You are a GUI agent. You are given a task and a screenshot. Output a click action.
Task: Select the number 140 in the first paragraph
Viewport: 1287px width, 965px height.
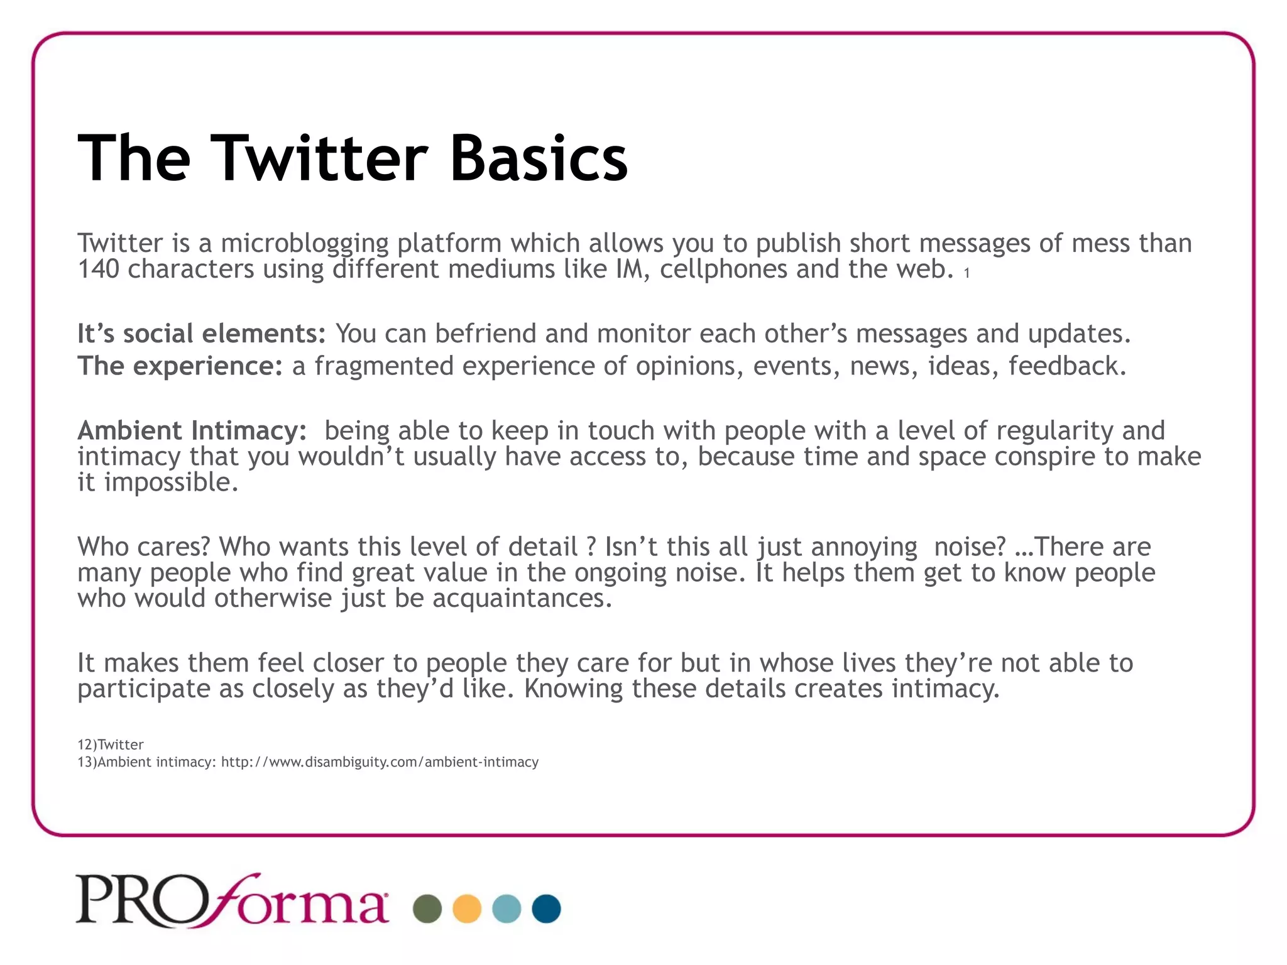(x=98, y=269)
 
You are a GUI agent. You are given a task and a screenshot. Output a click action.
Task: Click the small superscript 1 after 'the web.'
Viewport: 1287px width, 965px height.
(x=967, y=273)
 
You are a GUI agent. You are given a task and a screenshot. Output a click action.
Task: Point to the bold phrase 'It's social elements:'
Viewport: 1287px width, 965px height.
(x=201, y=334)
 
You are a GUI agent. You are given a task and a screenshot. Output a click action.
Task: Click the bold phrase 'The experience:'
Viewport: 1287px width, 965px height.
(x=180, y=366)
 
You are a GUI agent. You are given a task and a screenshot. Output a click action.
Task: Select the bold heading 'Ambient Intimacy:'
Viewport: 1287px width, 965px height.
(x=192, y=431)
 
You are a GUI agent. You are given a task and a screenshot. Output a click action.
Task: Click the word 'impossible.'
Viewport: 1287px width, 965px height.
(x=171, y=482)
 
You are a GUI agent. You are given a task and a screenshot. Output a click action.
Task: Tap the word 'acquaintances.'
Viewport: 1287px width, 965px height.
(x=522, y=598)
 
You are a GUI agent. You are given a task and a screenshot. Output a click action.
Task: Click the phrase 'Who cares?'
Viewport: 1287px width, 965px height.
(x=143, y=547)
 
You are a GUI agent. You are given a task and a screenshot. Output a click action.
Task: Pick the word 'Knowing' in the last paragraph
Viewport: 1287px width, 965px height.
(x=573, y=689)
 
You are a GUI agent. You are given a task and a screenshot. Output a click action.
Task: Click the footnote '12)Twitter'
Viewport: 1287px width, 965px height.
(x=111, y=744)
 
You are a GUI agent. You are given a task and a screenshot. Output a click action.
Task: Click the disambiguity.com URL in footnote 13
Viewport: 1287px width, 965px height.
(x=380, y=762)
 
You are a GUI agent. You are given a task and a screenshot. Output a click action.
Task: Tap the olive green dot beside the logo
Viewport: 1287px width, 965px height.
(x=427, y=908)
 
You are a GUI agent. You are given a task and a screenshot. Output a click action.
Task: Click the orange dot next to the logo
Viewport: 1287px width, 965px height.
(x=467, y=908)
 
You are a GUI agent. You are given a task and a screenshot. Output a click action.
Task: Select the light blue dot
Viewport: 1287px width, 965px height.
(x=507, y=908)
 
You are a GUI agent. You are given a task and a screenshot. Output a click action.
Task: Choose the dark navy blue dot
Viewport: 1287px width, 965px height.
(x=546, y=908)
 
